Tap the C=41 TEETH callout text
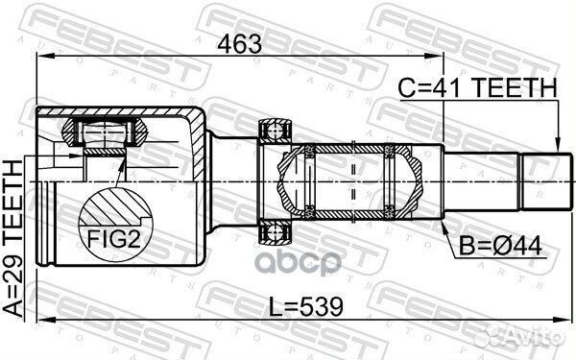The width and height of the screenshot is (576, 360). pos(478,88)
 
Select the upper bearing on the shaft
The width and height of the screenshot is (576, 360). pos(275,130)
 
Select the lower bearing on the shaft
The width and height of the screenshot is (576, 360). pos(275,228)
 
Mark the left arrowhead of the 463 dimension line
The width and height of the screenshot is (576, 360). pos(40,57)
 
